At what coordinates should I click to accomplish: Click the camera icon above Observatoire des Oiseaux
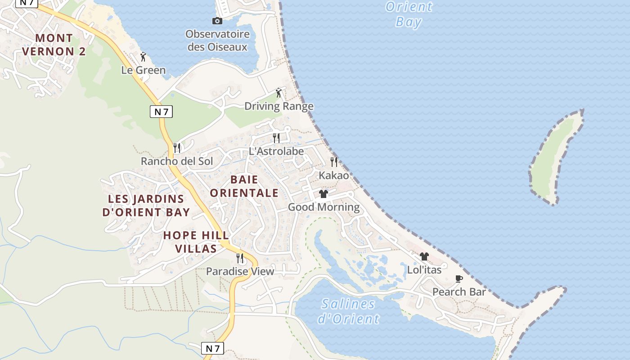[217, 21]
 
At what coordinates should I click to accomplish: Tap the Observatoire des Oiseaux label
[217, 40]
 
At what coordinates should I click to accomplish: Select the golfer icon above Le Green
[144, 57]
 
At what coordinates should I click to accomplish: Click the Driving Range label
[279, 106]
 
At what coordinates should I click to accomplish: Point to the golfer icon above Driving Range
[279, 93]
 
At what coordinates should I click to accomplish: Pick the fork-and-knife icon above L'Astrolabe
[276, 138]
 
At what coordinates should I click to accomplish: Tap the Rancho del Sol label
[177, 161]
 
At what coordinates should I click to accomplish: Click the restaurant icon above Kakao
[334, 162]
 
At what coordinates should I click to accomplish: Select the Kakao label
[334, 175]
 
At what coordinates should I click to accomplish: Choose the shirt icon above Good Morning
[324, 194]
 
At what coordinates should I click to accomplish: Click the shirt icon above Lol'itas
[424, 256]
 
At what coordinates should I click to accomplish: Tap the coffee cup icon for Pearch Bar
[459, 279]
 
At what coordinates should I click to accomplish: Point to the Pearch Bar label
[459, 292]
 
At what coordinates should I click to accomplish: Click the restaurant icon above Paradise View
[240, 258]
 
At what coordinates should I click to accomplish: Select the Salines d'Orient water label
[349, 311]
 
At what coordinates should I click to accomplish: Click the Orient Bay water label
[409, 14]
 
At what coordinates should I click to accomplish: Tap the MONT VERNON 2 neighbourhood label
[54, 45]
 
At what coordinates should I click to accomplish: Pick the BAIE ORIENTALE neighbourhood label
[244, 186]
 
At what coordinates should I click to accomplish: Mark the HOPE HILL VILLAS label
[196, 242]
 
